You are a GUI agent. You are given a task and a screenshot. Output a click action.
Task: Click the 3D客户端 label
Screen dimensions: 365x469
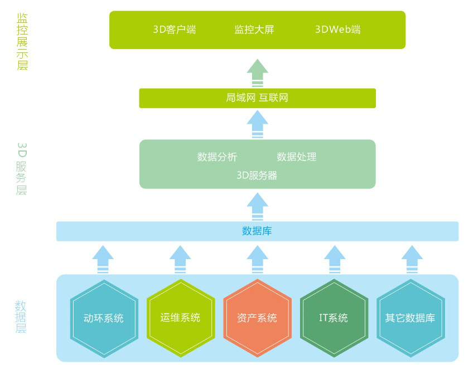pyautogui.click(x=175, y=30)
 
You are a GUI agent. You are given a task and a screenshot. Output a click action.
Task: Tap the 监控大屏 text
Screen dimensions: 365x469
pyautogui.click(x=254, y=30)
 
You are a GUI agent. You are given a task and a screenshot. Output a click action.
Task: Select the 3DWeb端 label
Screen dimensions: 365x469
pyautogui.click(x=338, y=30)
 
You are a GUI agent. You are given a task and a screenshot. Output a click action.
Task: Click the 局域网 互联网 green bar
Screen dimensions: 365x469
pyautogui.click(x=257, y=98)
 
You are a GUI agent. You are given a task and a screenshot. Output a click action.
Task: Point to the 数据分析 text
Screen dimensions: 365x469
pyautogui.click(x=217, y=157)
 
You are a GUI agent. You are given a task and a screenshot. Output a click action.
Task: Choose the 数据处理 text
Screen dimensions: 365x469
pyautogui.click(x=297, y=157)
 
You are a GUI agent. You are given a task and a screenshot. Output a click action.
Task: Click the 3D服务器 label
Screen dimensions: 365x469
pyautogui.click(x=257, y=176)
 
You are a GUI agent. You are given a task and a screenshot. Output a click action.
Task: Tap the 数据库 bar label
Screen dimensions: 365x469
pyautogui.click(x=257, y=231)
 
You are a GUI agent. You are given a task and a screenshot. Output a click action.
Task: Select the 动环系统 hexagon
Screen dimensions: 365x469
pyautogui.click(x=104, y=318)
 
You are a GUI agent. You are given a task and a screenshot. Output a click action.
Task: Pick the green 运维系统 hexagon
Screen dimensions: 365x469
pyautogui.click(x=180, y=318)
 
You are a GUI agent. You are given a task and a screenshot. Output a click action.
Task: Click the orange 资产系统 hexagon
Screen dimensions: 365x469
pyautogui.click(x=257, y=318)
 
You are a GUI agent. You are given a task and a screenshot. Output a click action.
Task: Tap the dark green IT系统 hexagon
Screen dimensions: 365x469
pyautogui.click(x=333, y=318)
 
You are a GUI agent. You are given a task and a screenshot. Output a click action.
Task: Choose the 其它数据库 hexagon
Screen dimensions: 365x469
pyautogui.click(x=410, y=318)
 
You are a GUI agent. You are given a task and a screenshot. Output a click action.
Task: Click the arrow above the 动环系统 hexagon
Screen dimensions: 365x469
pyautogui.click(x=103, y=259)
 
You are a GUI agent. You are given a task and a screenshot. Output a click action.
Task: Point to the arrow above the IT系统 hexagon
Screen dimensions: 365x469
pyautogui.click(x=335, y=259)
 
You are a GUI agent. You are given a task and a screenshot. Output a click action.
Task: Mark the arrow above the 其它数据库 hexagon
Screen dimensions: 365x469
pyautogui.click(x=412, y=259)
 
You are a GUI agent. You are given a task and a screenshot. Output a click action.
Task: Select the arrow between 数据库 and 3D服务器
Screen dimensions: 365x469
pyautogui.click(x=257, y=206)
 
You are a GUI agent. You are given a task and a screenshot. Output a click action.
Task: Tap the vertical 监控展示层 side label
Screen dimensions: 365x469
pyautogui.click(x=22, y=42)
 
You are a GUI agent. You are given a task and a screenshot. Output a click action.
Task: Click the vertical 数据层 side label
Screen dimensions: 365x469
pyautogui.click(x=21, y=317)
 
